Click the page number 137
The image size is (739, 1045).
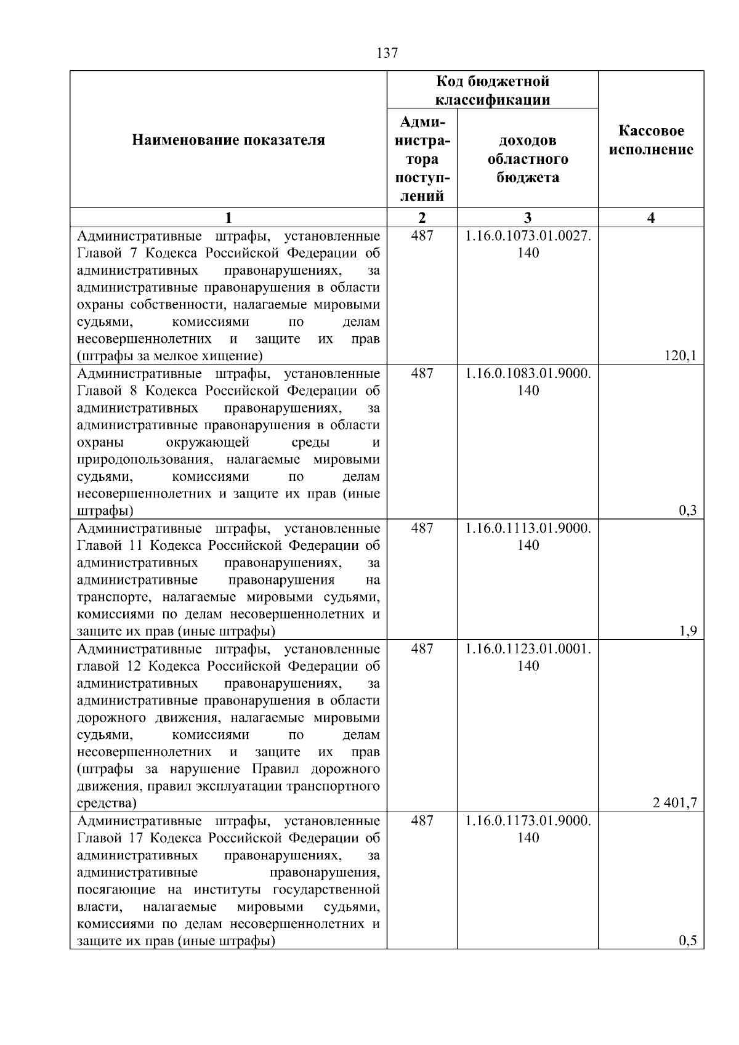coord(387,53)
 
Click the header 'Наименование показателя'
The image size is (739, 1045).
coord(228,140)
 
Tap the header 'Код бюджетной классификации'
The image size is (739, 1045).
coord(493,91)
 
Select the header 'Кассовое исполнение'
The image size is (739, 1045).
coord(651,140)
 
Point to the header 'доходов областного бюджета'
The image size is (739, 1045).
coord(528,159)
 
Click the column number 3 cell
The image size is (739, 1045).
coord(528,217)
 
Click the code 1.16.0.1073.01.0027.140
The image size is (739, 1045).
coord(528,244)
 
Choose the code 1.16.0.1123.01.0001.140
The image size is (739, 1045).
coord(528,657)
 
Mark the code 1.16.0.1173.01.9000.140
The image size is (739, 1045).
coord(528,829)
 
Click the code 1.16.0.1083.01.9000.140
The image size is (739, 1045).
coord(528,382)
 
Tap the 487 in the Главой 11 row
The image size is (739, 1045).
coord(422,528)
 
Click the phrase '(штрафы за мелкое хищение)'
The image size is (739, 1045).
coord(170,355)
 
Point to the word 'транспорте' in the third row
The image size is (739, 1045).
coord(107,597)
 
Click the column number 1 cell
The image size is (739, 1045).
coord(228,217)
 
